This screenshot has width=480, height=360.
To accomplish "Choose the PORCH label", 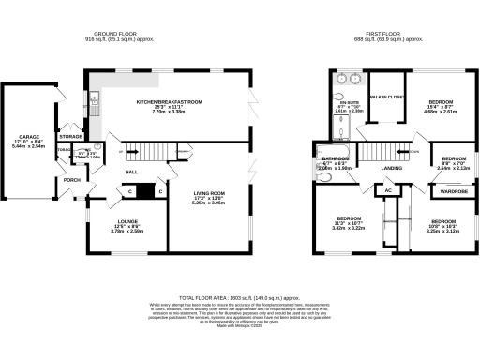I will tap(72, 180).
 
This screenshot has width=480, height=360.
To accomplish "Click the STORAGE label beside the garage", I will tap(71, 136).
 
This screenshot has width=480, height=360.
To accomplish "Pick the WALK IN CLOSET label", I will tap(386, 97).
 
